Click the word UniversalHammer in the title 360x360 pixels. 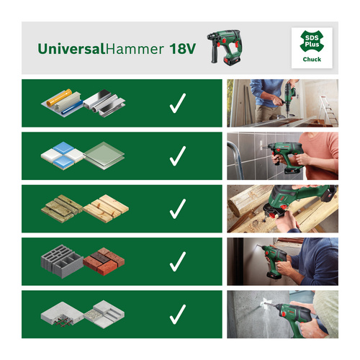[x=102, y=49]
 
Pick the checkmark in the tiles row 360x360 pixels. [x=177, y=156]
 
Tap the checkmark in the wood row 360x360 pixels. [x=177, y=209]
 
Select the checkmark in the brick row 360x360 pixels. [x=177, y=261]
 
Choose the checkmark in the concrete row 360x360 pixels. [x=177, y=314]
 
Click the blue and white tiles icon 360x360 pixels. [x=60, y=156]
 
